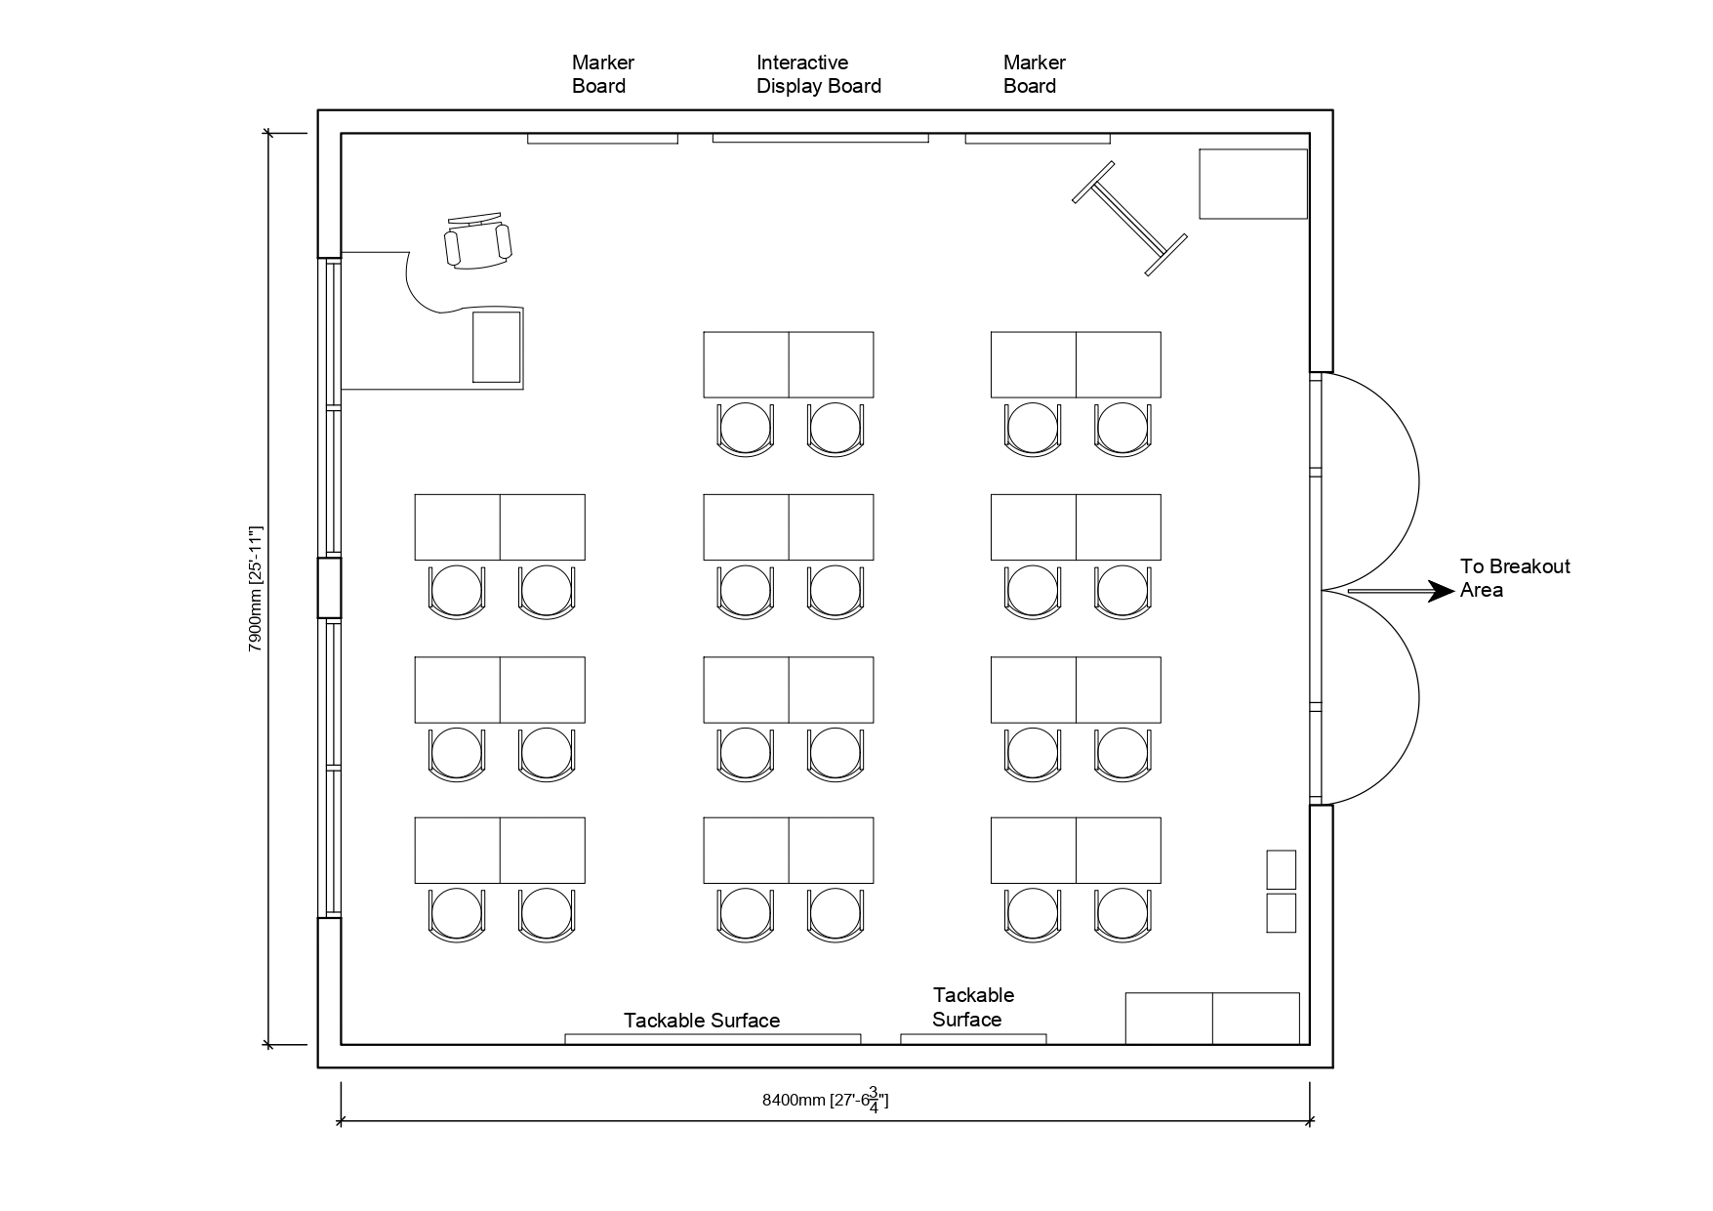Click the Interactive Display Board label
coord(818,74)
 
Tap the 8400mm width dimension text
coord(825,1101)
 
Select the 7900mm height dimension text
coord(256,589)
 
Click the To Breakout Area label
coord(1514,578)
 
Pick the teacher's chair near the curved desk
coord(477,241)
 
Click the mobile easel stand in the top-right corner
coord(1129,218)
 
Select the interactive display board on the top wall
coord(820,139)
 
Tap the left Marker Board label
coord(602,74)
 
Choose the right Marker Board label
coord(1034,74)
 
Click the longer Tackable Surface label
coord(702,1021)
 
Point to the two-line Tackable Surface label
coord(972,1008)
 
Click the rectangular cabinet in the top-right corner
coord(1252,184)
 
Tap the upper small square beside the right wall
coord(1281,869)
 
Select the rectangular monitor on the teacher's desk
coord(497,347)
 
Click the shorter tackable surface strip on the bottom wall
coord(973,1039)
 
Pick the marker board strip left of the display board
coord(602,139)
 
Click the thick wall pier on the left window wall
coord(330,588)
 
